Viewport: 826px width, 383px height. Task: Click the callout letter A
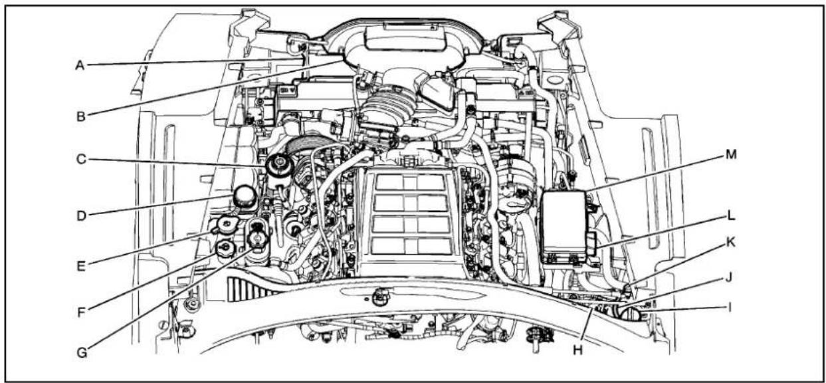coord(80,64)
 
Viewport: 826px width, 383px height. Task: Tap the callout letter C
coord(80,160)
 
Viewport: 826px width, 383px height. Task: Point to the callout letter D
coord(80,214)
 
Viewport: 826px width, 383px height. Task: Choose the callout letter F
coord(80,310)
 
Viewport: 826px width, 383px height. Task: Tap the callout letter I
coord(729,307)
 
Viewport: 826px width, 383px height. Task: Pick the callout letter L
coord(729,216)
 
